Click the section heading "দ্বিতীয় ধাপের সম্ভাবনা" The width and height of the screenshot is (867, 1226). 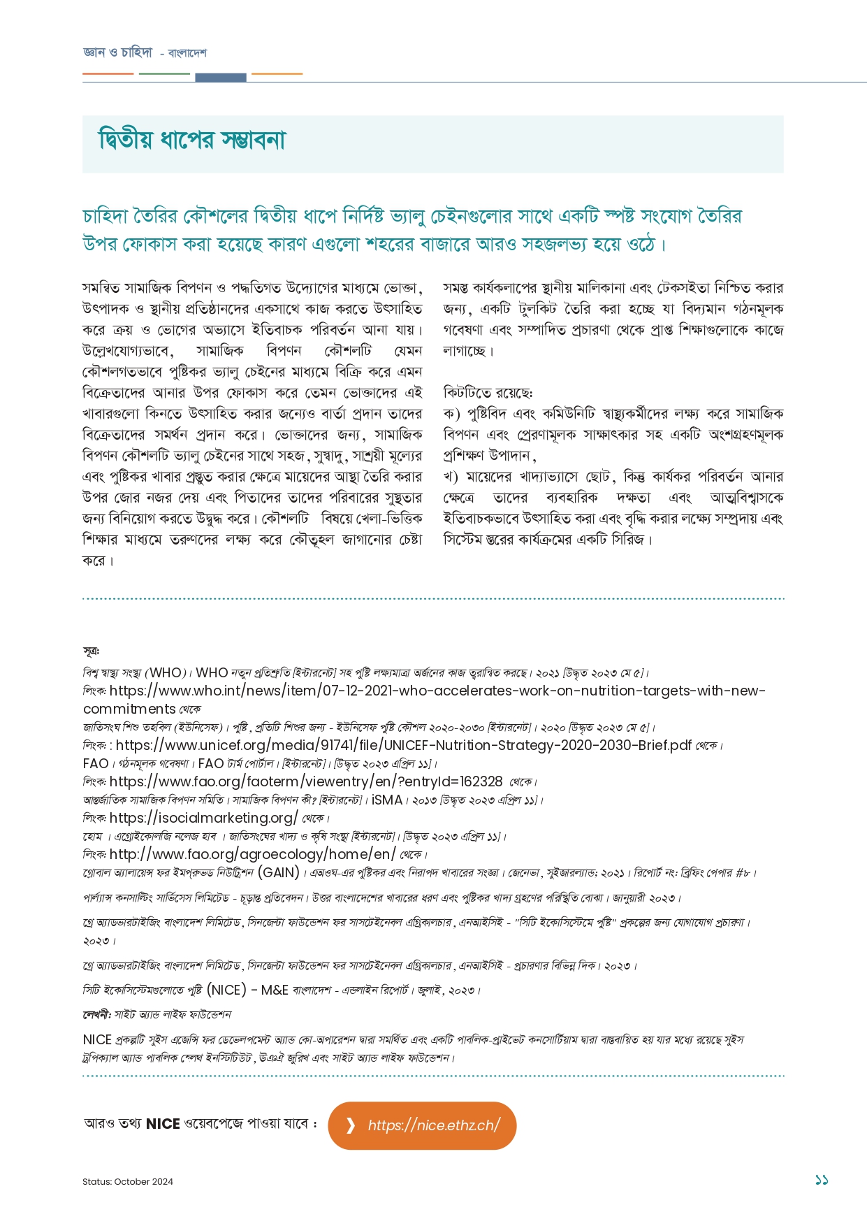tap(191, 140)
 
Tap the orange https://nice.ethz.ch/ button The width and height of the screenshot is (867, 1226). tap(422, 1125)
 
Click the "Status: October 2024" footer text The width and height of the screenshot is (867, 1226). tap(128, 1181)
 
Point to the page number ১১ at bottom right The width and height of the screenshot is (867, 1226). tap(821, 1180)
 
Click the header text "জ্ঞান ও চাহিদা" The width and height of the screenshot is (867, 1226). tap(117, 52)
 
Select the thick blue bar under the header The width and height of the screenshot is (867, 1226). tap(220, 78)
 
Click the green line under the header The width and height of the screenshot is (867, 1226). tap(164, 73)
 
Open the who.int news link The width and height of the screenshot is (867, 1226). tap(437, 691)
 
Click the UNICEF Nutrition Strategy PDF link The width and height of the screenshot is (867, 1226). tap(404, 745)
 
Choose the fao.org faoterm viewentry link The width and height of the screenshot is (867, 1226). tap(306, 781)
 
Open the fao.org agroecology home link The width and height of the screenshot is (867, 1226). tap(252, 854)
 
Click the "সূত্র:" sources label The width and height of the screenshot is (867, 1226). tap(91, 651)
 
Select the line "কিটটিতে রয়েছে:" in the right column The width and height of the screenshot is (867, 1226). tap(488, 393)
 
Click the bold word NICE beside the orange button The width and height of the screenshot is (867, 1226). tap(163, 1124)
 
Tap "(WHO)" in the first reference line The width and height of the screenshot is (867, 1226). tap(164, 672)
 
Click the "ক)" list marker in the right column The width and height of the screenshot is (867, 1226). tap(451, 414)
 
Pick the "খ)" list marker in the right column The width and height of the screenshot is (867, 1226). tap(451, 477)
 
